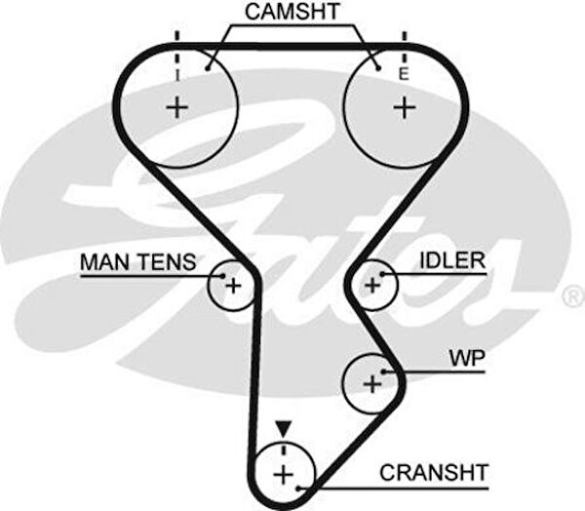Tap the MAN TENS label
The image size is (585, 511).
point(137,261)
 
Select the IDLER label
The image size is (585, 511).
point(450,260)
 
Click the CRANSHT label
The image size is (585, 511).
point(433,473)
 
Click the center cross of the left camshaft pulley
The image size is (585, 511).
point(176,107)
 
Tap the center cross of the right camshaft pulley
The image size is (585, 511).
point(404,107)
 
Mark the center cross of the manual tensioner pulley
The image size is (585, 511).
point(233,286)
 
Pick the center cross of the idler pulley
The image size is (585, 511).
point(370,285)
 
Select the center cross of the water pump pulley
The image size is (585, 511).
point(371,384)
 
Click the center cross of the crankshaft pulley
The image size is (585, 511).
point(283,475)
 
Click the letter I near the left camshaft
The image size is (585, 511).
point(177,74)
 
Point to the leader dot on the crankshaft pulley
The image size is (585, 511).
point(303,485)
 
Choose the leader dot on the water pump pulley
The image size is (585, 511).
point(387,372)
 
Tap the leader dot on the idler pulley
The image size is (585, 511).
point(384,275)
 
